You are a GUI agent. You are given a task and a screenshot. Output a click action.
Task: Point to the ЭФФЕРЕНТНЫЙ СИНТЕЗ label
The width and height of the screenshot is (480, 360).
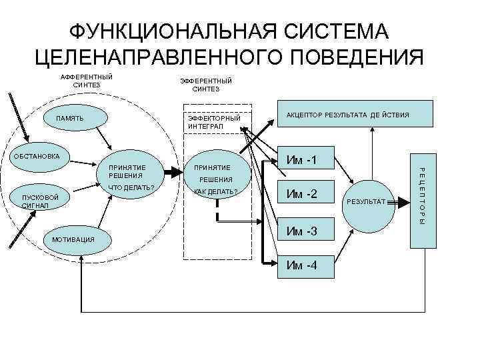(x=201, y=85)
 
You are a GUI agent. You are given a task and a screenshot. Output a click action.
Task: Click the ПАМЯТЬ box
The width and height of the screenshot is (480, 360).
(x=69, y=119)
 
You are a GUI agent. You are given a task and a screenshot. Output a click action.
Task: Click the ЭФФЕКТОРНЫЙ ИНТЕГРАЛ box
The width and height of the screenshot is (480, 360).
(x=214, y=121)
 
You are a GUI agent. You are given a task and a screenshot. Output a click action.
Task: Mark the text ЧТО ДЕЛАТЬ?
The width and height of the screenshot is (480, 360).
(x=131, y=187)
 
